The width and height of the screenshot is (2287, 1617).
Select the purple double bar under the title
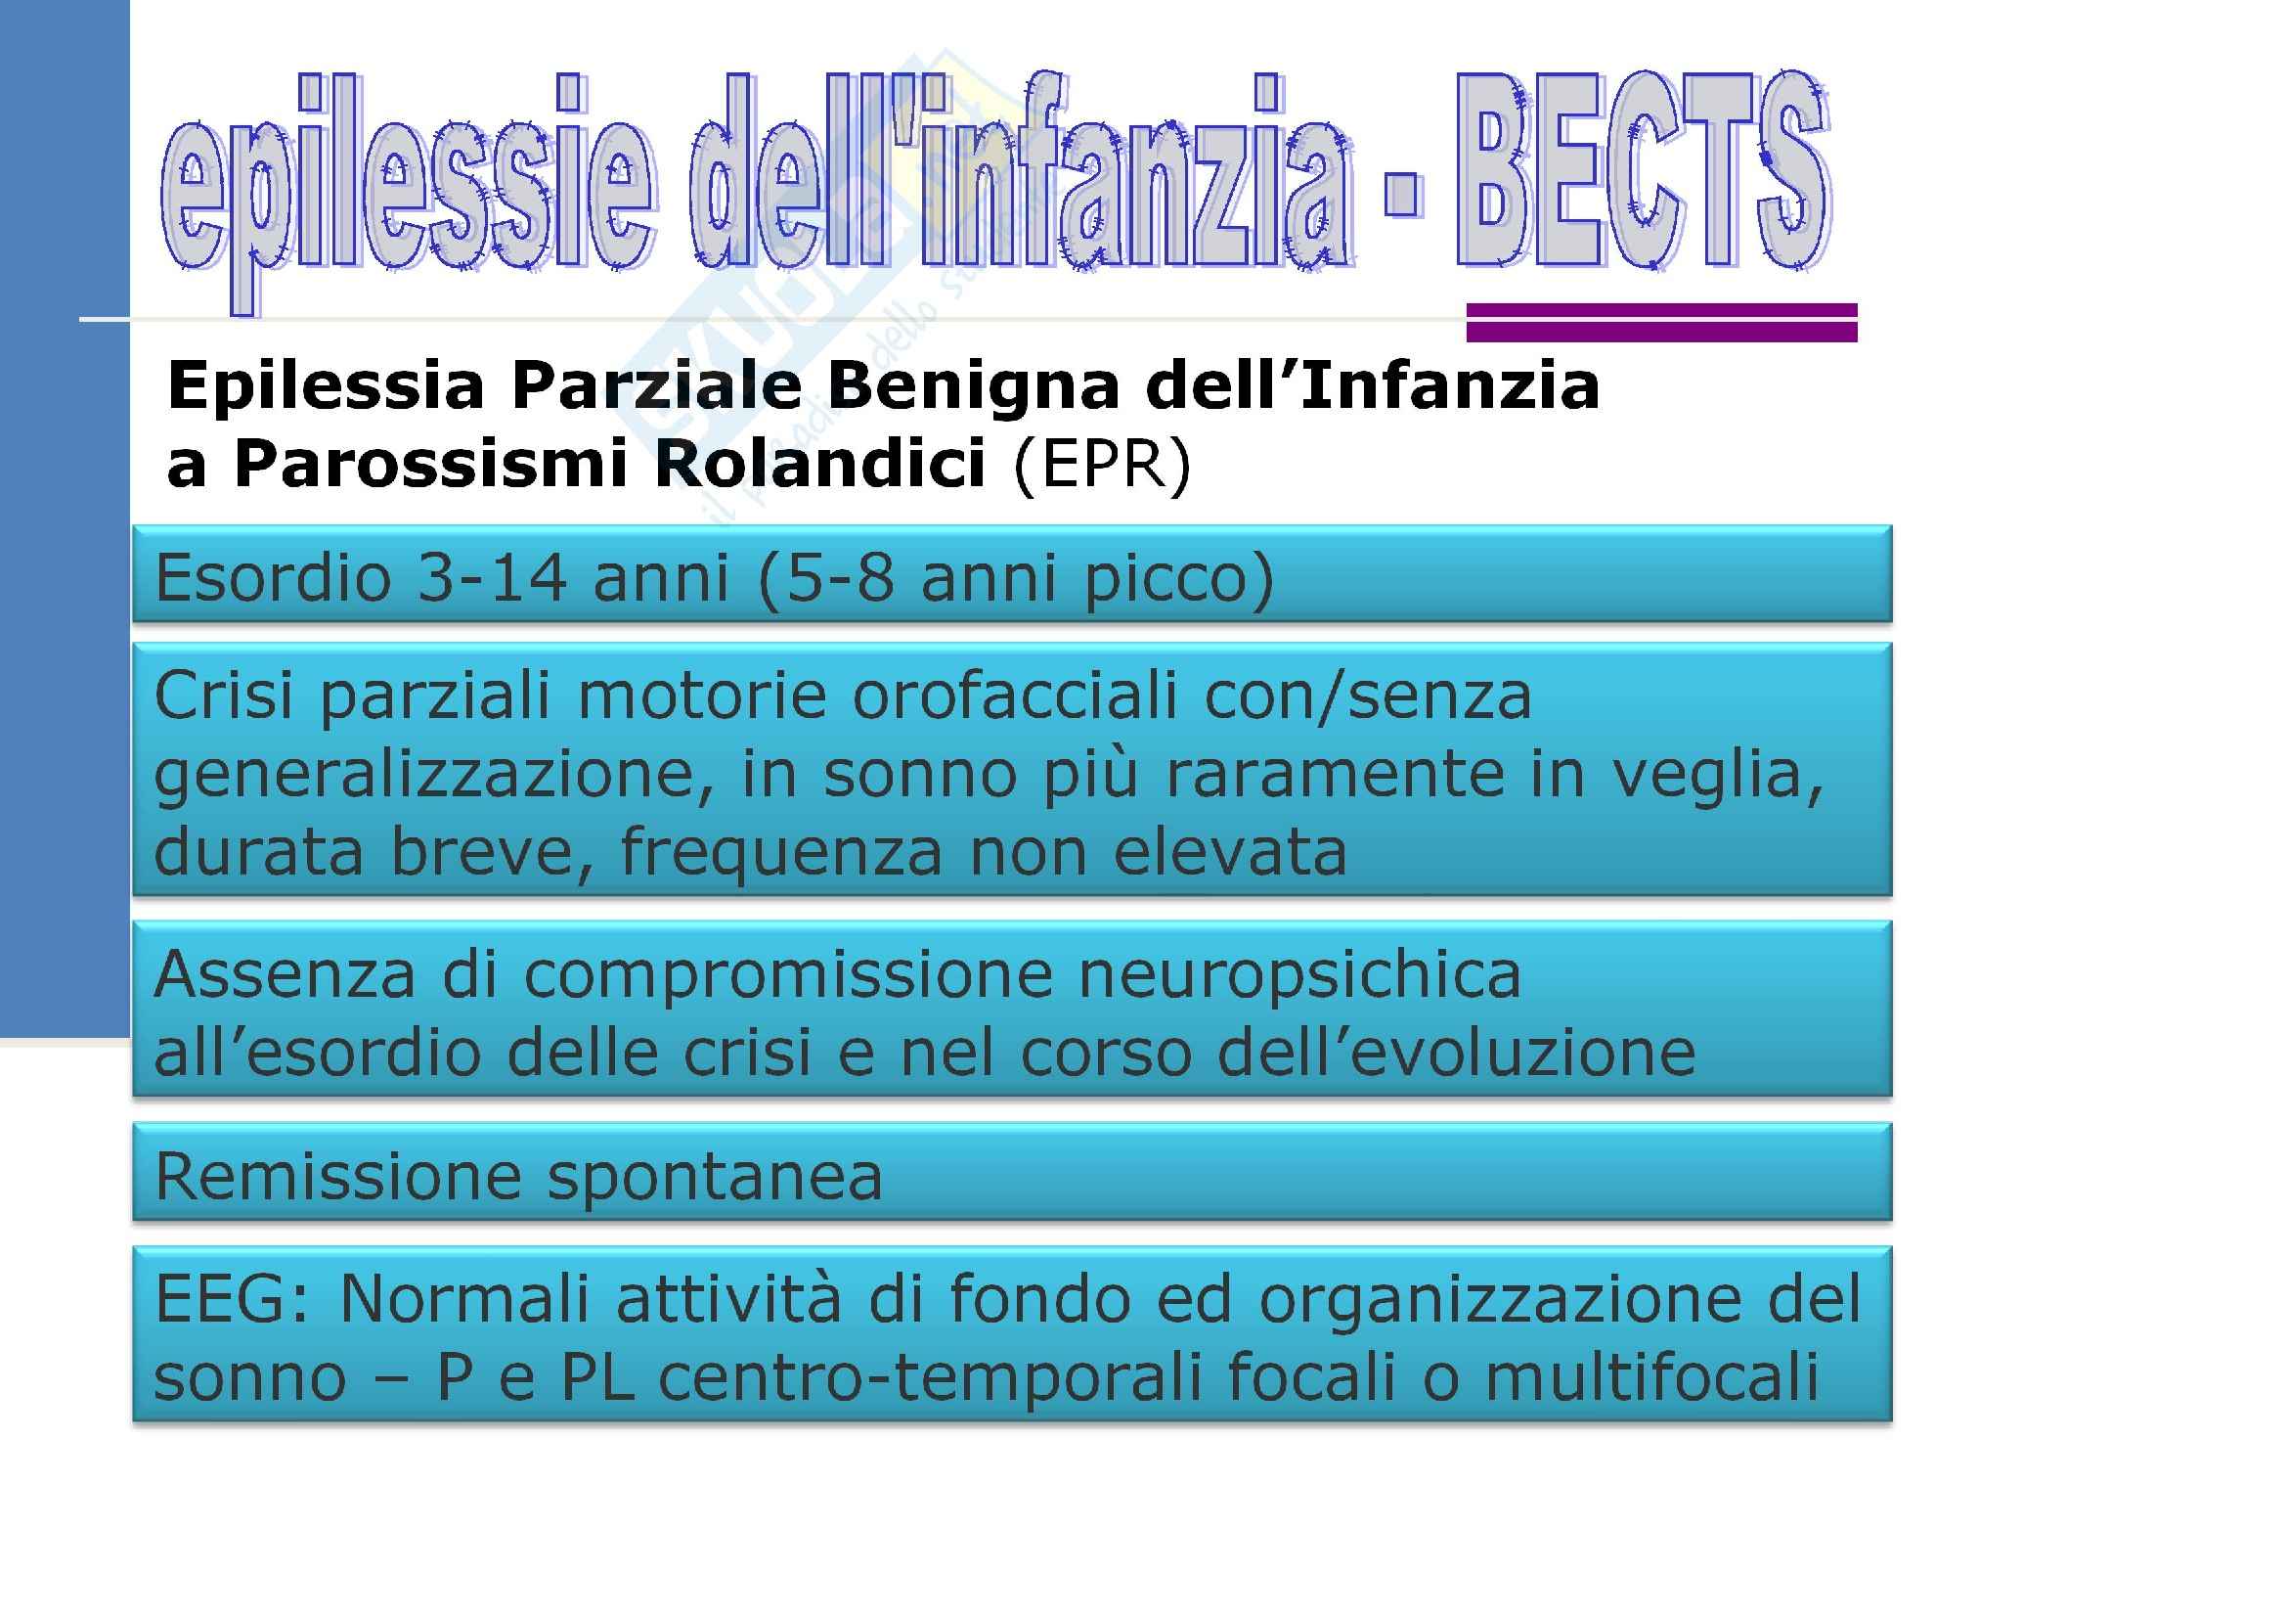(1661, 323)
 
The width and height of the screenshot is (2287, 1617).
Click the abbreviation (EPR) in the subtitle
(1102, 465)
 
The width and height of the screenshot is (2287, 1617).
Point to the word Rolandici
(818, 465)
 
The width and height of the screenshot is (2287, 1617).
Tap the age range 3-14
(492, 578)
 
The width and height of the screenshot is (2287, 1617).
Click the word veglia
(1717, 774)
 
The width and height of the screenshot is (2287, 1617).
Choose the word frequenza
(781, 854)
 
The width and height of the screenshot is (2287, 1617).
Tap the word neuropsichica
(1299, 975)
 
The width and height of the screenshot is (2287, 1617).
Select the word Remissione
(337, 1176)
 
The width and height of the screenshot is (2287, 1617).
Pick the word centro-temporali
(928, 1378)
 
